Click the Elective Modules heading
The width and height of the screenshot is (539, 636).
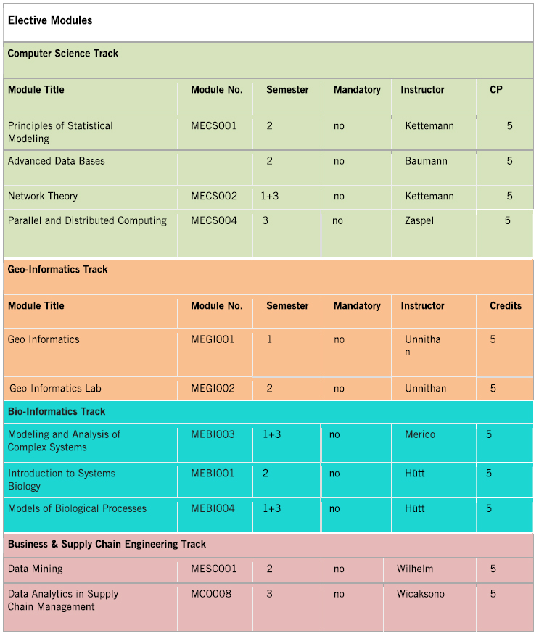(50, 20)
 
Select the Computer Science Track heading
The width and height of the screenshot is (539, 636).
(63, 53)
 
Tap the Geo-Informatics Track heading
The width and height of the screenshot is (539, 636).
(57, 269)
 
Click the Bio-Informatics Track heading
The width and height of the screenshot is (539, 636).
(57, 411)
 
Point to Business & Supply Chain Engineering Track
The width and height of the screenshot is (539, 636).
(107, 544)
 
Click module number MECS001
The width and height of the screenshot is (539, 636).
(214, 125)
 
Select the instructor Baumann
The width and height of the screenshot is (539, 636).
(426, 161)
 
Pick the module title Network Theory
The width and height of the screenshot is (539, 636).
(43, 196)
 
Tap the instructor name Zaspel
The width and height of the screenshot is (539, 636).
(419, 220)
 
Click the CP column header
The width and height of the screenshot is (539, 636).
(496, 90)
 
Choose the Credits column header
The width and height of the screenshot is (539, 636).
(506, 306)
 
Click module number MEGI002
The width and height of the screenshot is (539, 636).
(213, 388)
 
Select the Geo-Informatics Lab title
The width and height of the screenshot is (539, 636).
(56, 388)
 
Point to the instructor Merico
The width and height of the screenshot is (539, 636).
(420, 434)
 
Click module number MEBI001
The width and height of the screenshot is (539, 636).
(213, 474)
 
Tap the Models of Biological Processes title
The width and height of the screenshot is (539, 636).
(77, 508)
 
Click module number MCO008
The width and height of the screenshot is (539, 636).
(211, 594)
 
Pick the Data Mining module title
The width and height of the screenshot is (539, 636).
(36, 569)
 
